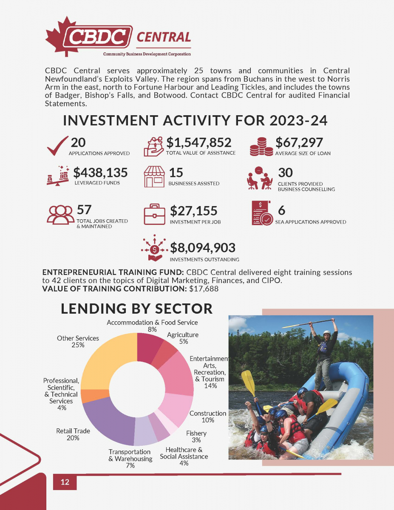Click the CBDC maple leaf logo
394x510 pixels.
coord(64,37)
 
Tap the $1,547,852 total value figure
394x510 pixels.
coord(198,142)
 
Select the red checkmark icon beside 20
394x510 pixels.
coord(57,146)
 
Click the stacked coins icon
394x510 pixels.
coord(261,146)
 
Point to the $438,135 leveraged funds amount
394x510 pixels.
coord(100,173)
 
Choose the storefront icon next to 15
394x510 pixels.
coord(154,177)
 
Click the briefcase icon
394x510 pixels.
coord(155,214)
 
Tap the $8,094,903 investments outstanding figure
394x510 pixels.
coord(203,247)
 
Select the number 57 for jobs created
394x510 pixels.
coord(84,210)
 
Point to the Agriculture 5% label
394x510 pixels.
coord(183,338)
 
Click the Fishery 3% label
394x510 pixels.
coord(196,436)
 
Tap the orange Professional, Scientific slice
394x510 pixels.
coord(90,396)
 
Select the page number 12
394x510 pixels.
coord(65,482)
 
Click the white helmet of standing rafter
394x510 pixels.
coord(326,333)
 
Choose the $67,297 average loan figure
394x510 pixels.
coord(299,142)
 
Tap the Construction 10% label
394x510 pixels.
coord(208,416)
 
